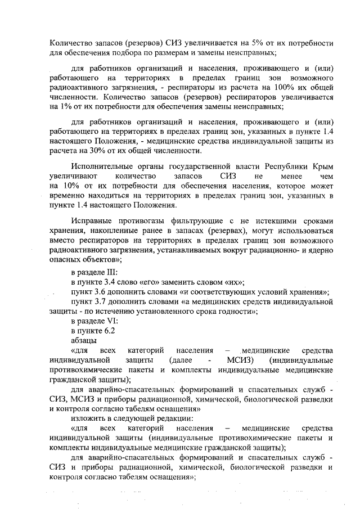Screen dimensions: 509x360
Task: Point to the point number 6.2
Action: pyautogui.click(x=107, y=331)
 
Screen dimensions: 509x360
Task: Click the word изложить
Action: pyautogui.click(x=88, y=418)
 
